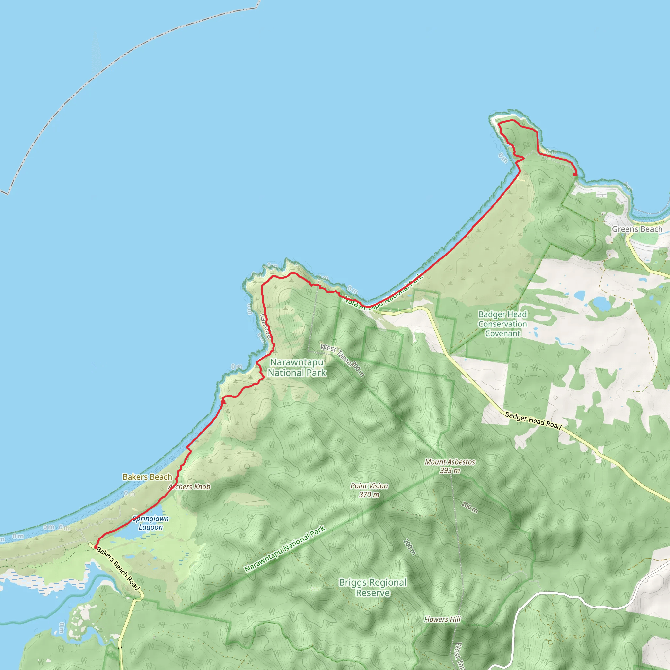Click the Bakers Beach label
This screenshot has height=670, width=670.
point(148,477)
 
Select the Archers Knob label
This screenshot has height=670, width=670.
point(190,487)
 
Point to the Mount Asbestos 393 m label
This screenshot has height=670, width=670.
point(450,466)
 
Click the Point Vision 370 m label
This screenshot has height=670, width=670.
point(369,490)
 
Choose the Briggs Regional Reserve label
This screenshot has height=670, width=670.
point(373,588)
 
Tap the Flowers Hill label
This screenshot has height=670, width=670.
point(442,619)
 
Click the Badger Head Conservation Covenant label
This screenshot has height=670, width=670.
point(502,324)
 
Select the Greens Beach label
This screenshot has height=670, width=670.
point(637,229)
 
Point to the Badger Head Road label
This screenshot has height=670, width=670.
point(533,421)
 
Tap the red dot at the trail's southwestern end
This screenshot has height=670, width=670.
point(96,547)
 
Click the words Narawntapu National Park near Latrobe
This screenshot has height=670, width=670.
point(297,367)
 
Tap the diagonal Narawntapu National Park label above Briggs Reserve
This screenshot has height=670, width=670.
point(285,549)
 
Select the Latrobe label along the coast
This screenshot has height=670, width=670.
point(266,326)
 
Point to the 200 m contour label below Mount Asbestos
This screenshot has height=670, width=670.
point(469,507)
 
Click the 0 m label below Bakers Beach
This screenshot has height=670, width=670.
point(129,493)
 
